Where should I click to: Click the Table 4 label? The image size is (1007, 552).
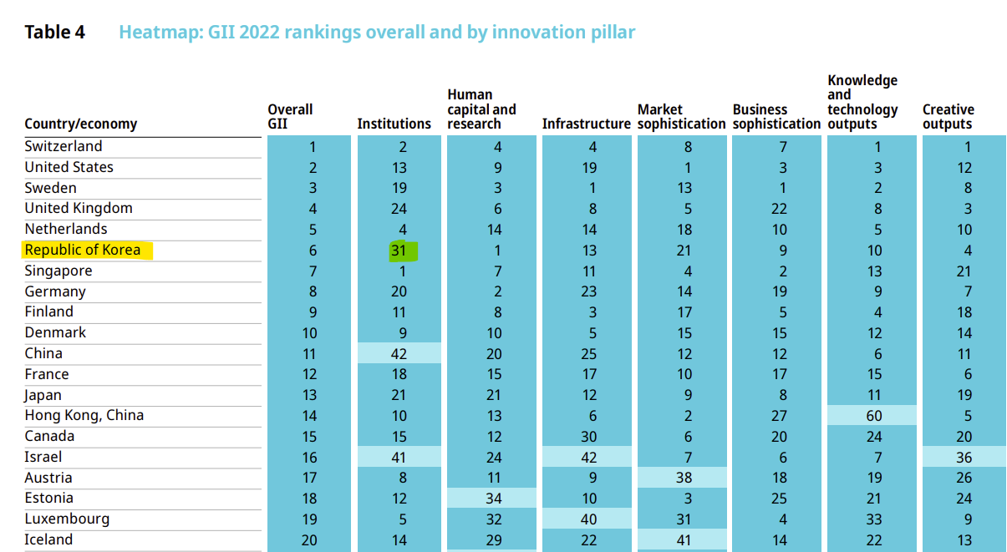(54, 33)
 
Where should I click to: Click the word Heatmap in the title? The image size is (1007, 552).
(156, 33)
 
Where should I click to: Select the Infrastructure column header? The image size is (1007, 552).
(586, 124)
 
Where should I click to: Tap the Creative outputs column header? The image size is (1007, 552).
(948, 117)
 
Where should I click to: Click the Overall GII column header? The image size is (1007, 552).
(290, 117)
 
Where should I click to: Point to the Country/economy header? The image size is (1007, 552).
(80, 124)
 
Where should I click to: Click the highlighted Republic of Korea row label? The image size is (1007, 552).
(82, 250)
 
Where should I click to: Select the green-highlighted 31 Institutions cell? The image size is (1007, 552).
(399, 251)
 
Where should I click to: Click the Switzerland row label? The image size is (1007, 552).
(63, 146)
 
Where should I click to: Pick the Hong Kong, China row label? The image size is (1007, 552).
(84, 415)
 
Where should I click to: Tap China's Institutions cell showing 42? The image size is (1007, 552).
(399, 353)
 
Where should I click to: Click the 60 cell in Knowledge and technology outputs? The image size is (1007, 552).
(873, 416)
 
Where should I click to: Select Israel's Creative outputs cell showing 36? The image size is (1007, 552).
(964, 457)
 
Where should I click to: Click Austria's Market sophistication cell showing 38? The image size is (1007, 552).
(684, 478)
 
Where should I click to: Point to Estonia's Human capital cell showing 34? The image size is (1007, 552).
(493, 499)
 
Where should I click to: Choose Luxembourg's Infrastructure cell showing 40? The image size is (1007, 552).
(588, 519)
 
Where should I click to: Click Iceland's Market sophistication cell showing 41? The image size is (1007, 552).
(684, 540)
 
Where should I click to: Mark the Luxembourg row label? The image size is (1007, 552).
(66, 519)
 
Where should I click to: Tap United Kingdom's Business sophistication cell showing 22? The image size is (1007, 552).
(779, 209)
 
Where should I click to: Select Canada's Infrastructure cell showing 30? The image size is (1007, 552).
(588, 437)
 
